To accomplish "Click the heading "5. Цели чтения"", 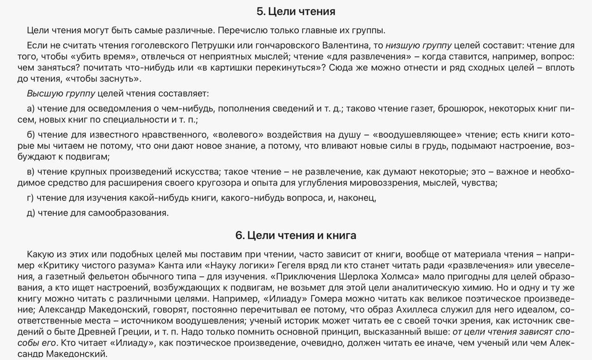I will point(296,12).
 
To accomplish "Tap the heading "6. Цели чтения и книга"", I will point(296,235).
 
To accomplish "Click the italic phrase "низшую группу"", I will point(419,45).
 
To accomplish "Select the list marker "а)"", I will point(31,109).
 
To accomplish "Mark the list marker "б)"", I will point(31,135).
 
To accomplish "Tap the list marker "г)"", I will point(31,198).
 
